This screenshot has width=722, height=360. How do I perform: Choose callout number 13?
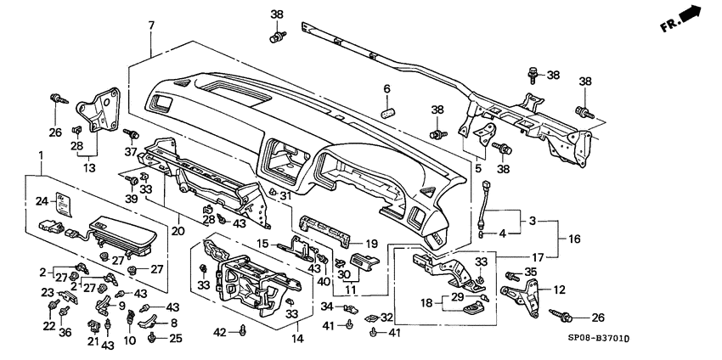point(88,168)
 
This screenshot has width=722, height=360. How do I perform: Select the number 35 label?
point(532,273)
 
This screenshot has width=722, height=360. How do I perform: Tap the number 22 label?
point(48,325)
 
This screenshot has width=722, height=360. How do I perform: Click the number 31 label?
point(285,196)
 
